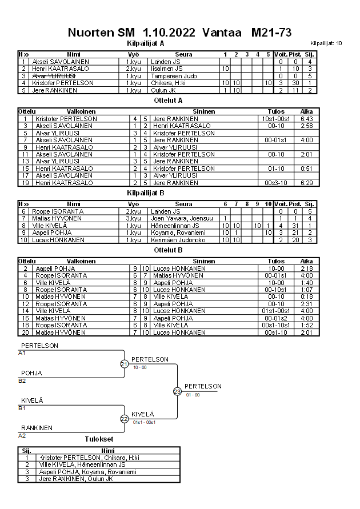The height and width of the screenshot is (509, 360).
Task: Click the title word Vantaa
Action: [219, 33]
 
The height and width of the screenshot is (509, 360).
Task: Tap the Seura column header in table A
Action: [183, 54]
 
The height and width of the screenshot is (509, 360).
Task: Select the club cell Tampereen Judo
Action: [170, 75]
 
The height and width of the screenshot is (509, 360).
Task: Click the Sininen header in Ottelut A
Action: [204, 111]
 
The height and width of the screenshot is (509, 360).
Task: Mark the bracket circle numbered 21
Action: [124, 364]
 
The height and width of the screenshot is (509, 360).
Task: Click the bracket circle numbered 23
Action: [177, 391]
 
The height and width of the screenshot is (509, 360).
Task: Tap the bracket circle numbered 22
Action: [124, 418]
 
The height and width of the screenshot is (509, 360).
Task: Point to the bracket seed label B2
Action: [22, 380]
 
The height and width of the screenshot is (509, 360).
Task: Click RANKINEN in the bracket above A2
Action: [37, 427]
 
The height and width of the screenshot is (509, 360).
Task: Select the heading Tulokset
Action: [99, 439]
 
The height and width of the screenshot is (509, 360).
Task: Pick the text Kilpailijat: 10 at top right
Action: [326, 43]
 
